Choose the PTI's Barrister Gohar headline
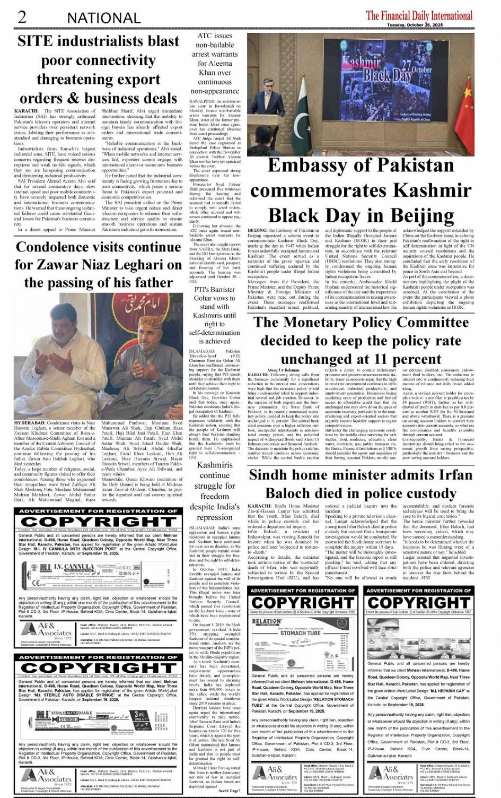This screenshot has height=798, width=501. (214, 315)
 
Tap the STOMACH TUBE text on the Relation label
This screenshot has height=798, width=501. (301, 633)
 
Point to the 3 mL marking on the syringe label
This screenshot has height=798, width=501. (139, 714)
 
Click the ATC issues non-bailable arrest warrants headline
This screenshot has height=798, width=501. (214, 63)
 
